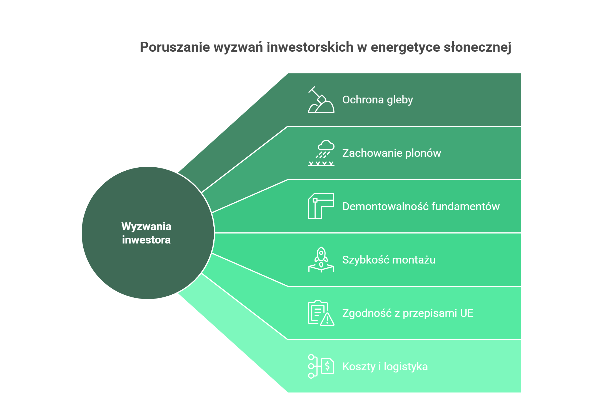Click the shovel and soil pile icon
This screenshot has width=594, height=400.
[321, 100]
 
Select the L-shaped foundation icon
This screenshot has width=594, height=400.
[321, 206]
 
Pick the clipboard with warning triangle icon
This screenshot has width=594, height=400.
[321, 313]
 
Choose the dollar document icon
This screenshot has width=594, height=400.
[321, 366]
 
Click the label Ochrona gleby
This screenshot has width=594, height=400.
[377, 100]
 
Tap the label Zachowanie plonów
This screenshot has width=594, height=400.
[391, 153]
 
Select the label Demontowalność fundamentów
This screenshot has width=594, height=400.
[421, 207]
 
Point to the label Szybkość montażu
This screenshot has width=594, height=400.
[389, 260]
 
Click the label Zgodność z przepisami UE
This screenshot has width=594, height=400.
[408, 313]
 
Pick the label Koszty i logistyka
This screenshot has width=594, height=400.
[385, 367]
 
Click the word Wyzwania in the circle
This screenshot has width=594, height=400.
[146, 227]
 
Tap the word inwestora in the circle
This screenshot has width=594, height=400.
[146, 240]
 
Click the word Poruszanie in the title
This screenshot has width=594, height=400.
[175, 47]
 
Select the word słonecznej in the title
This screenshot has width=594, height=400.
[477, 47]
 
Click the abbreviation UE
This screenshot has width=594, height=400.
[466, 313]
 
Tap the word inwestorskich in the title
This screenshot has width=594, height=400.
[310, 47]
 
